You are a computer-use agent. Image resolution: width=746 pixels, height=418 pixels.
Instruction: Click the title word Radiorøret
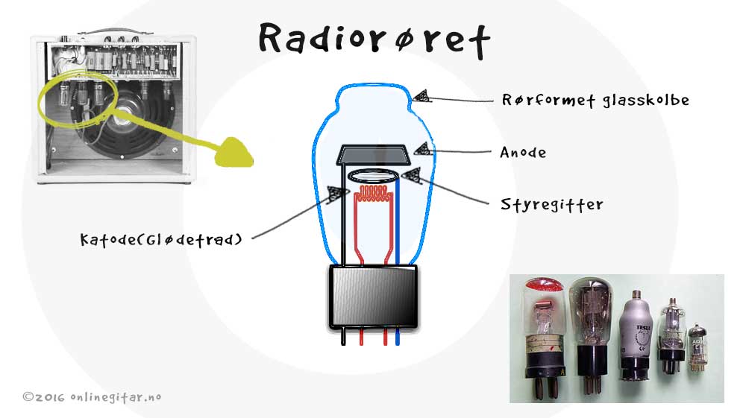374,40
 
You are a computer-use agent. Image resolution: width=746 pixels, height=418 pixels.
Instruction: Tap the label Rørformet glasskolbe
595,101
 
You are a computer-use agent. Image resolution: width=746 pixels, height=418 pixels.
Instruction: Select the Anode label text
523,153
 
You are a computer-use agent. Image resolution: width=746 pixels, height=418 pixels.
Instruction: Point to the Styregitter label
551,205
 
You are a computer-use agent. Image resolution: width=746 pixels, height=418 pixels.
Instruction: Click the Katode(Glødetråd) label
161,239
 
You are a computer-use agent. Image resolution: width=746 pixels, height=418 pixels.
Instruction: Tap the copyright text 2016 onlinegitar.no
92,397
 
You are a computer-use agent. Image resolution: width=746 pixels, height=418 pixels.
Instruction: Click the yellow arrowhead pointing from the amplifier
233,153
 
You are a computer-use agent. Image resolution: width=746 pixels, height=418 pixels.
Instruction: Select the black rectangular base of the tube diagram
374,297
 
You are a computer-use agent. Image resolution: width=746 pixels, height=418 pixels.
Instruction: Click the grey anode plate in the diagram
374,155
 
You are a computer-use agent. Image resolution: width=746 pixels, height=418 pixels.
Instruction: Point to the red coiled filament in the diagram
374,193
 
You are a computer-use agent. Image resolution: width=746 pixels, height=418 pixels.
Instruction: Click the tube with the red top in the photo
545,338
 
